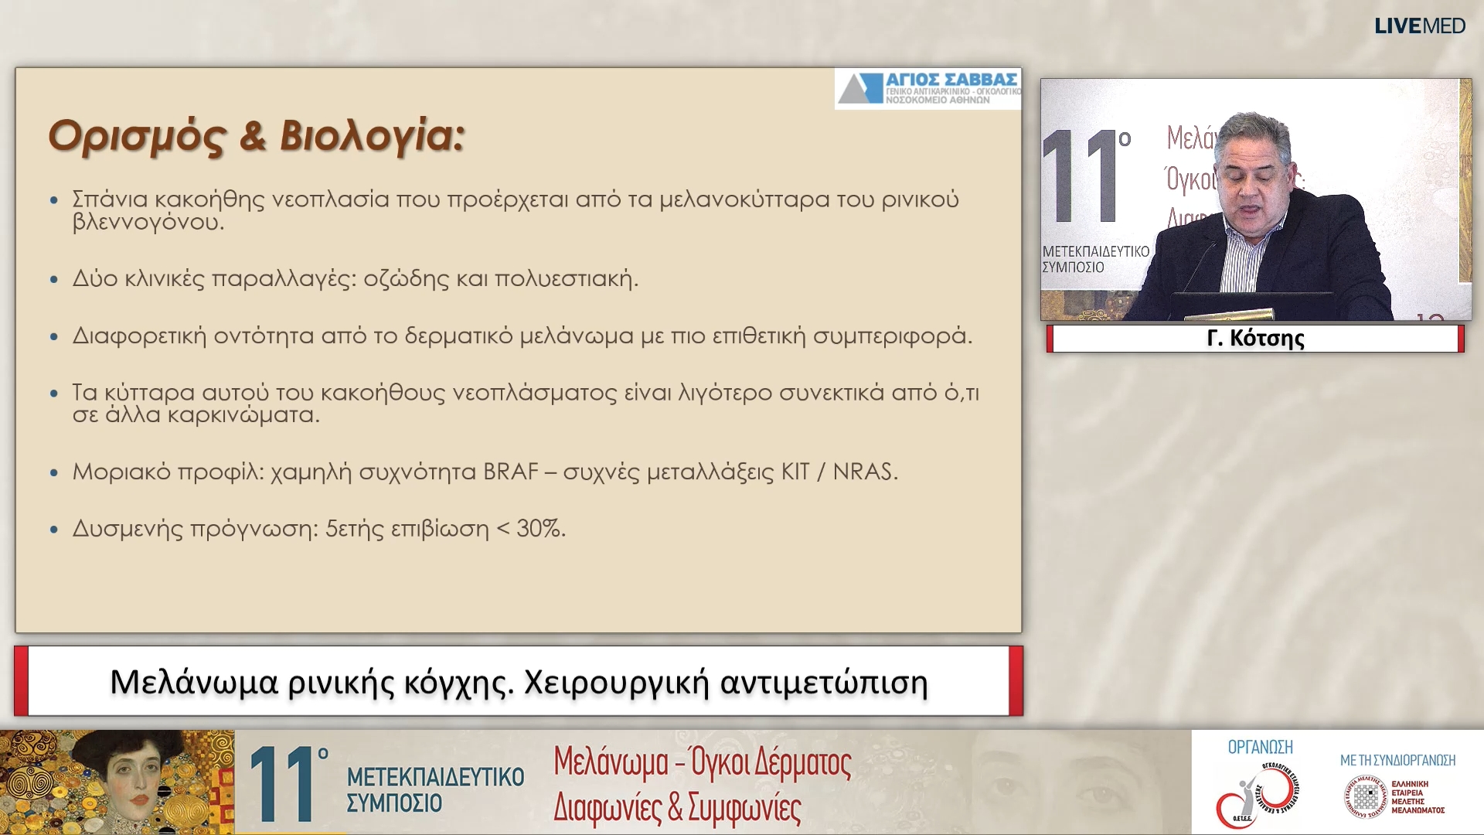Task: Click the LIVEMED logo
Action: [1419, 26]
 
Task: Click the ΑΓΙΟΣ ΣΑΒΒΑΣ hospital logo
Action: [927, 88]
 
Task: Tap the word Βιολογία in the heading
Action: [372, 136]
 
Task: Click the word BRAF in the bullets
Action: [510, 472]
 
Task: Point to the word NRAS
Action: [863, 472]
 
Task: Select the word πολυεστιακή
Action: [565, 278]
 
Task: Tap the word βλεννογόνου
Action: [147, 223]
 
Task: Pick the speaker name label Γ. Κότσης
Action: [1255, 339]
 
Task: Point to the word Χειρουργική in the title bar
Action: [616, 683]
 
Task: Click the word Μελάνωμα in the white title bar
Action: [193, 683]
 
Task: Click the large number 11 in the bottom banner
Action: [283, 784]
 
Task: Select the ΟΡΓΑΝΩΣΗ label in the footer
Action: [1260, 748]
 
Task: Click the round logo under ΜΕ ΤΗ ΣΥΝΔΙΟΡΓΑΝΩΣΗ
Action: [1365, 797]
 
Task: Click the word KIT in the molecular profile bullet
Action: [795, 472]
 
